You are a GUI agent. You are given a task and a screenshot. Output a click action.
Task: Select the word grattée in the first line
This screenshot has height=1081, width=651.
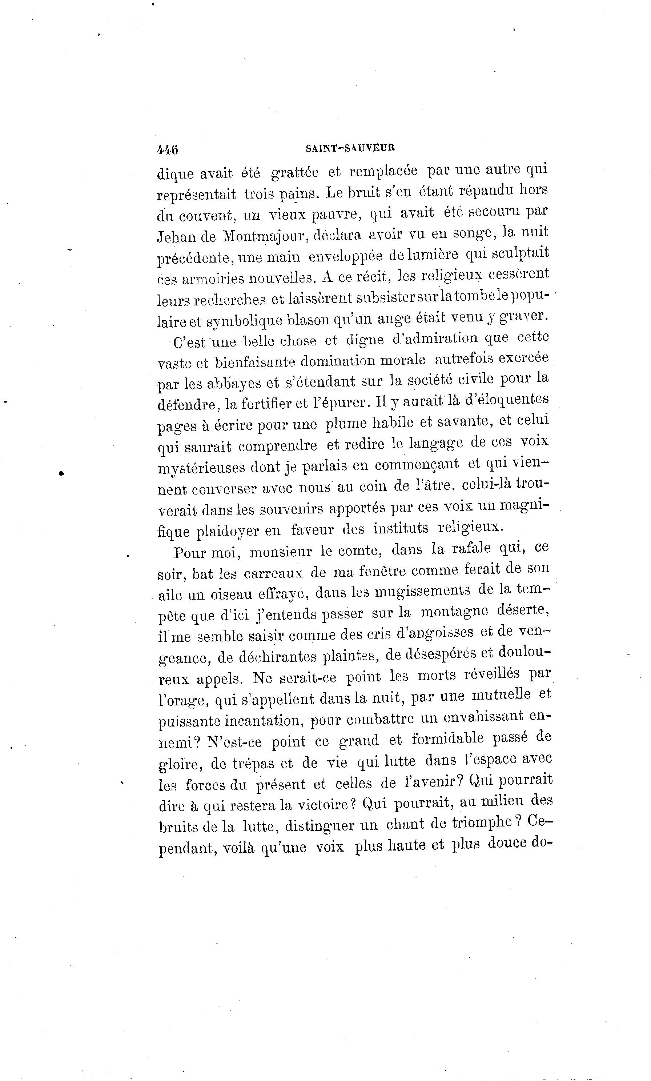pyautogui.click(x=295, y=172)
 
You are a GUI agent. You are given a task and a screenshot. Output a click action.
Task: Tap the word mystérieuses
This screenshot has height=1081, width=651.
pyautogui.click(x=201, y=467)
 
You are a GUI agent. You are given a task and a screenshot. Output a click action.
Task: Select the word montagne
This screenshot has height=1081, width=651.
pyautogui.click(x=454, y=612)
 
